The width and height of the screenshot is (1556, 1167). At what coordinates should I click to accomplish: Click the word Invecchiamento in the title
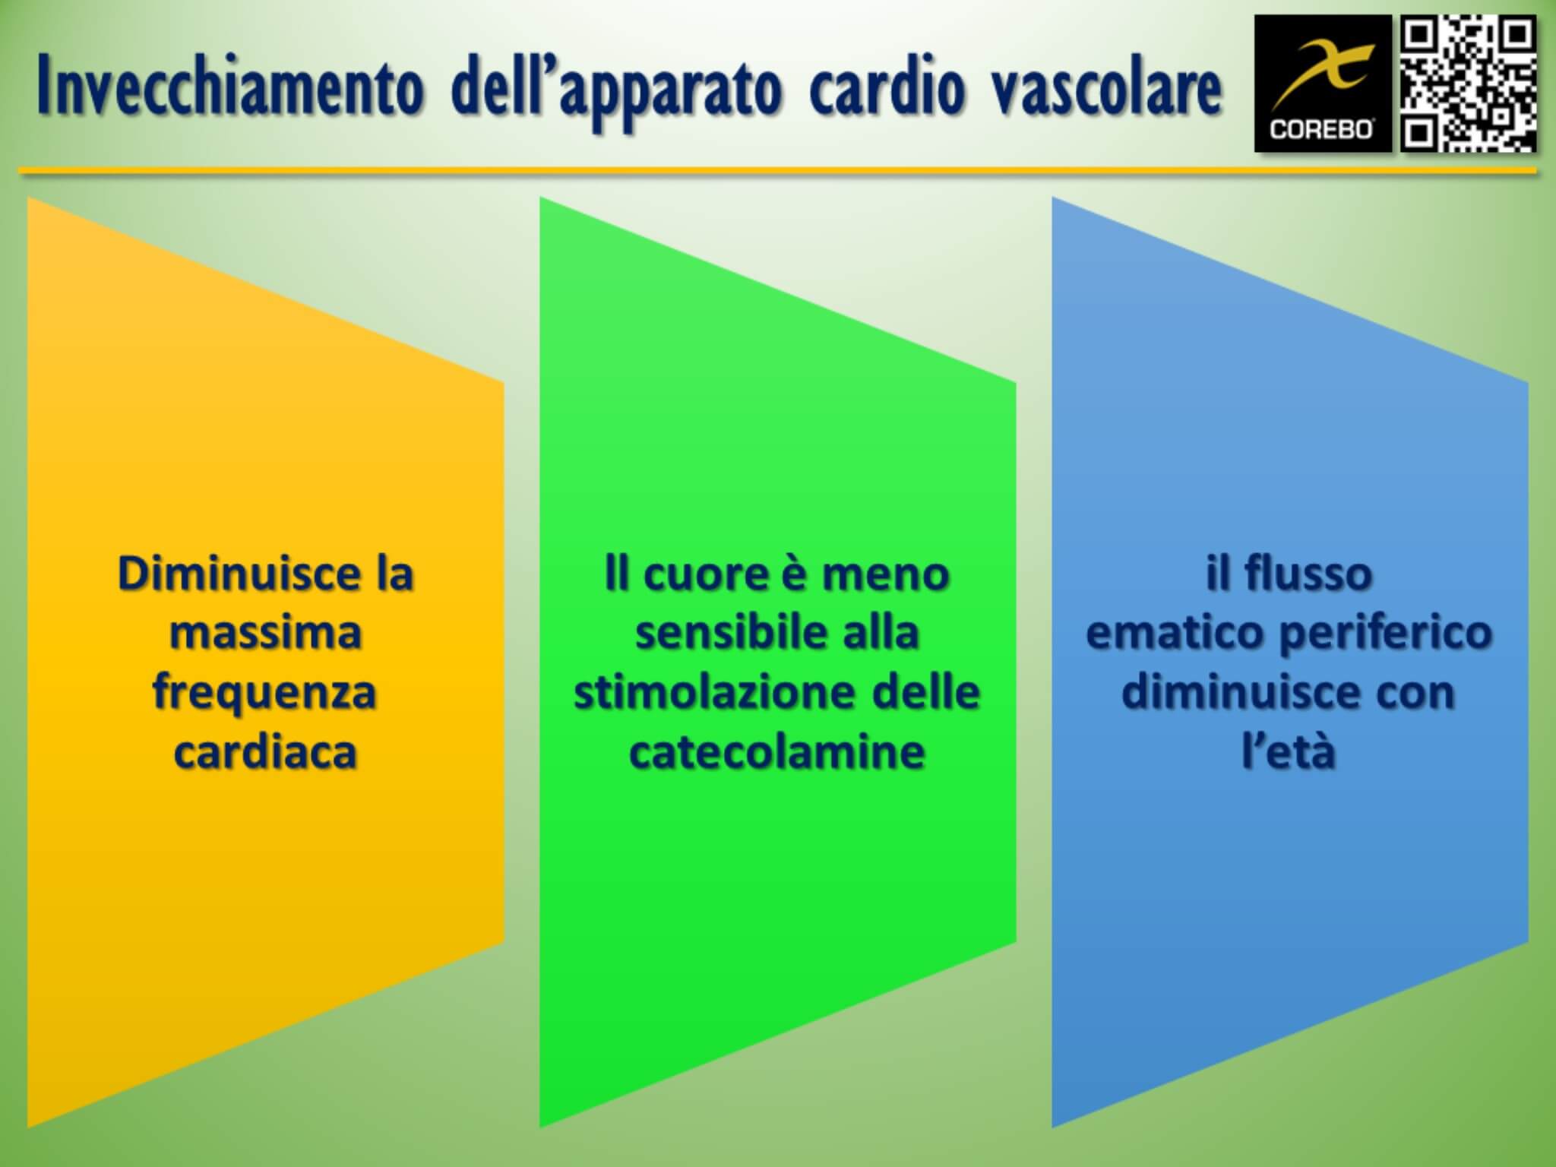click(x=229, y=89)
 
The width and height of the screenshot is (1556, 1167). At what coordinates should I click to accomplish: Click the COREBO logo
click(x=1323, y=84)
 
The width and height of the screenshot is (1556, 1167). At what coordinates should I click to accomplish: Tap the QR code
click(x=1469, y=84)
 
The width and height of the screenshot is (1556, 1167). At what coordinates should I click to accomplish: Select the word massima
click(x=265, y=633)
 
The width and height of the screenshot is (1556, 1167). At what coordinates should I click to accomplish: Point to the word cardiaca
click(x=265, y=752)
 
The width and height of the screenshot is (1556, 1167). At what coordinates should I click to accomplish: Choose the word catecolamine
click(x=777, y=752)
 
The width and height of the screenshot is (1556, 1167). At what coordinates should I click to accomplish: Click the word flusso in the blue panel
click(x=1308, y=573)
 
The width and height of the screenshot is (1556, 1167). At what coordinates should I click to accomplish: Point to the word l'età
click(x=1289, y=752)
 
